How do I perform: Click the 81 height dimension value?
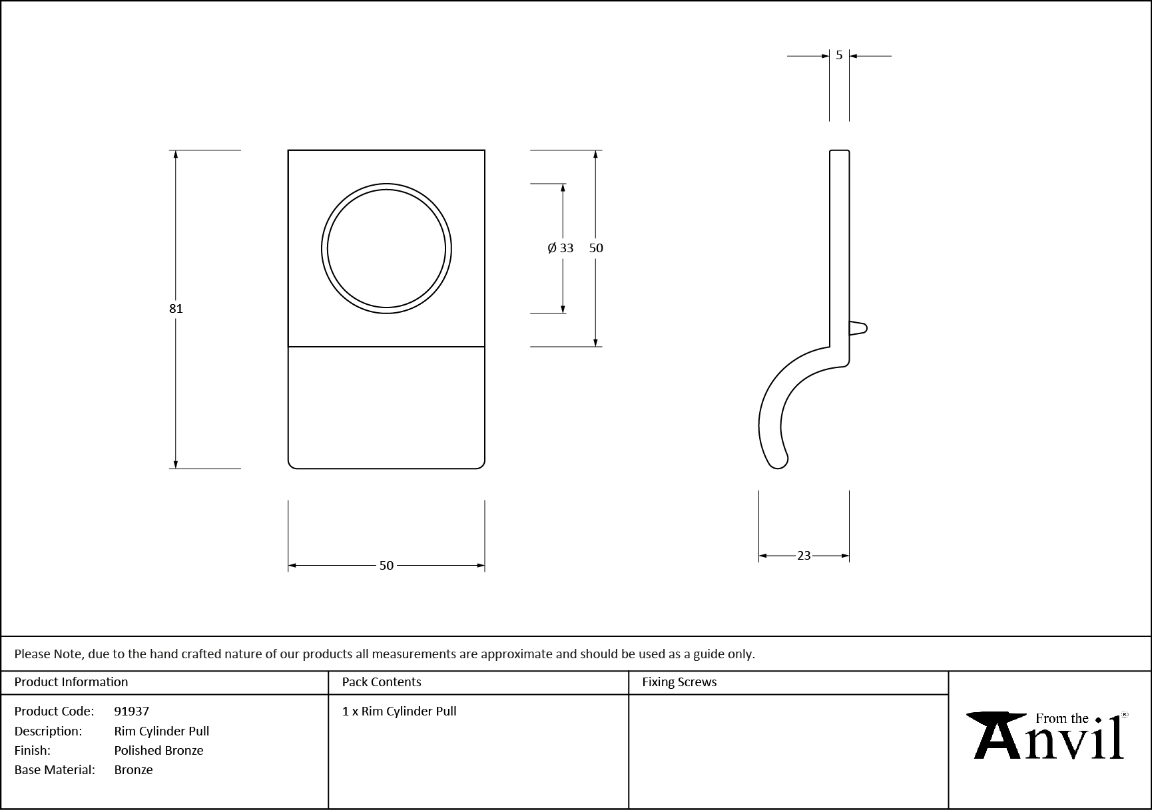pos(176,308)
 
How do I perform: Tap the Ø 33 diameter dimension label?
pos(560,248)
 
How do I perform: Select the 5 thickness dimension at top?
pos(839,55)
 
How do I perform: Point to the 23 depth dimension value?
pos(804,555)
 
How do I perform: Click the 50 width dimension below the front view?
pos(386,565)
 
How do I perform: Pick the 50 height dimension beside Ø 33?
pos(596,248)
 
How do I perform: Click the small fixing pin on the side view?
pos(859,328)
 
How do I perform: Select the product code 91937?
pos(132,711)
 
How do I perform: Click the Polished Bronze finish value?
pos(158,750)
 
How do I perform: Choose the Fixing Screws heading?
pos(679,682)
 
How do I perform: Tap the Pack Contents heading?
pos(382,682)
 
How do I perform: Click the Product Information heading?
pos(71,682)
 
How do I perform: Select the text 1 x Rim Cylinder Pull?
pos(400,711)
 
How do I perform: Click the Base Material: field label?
pos(55,769)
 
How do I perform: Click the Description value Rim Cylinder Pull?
pos(162,731)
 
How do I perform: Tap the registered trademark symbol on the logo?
pos(1125,715)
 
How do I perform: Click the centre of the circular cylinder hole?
pos(386,248)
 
